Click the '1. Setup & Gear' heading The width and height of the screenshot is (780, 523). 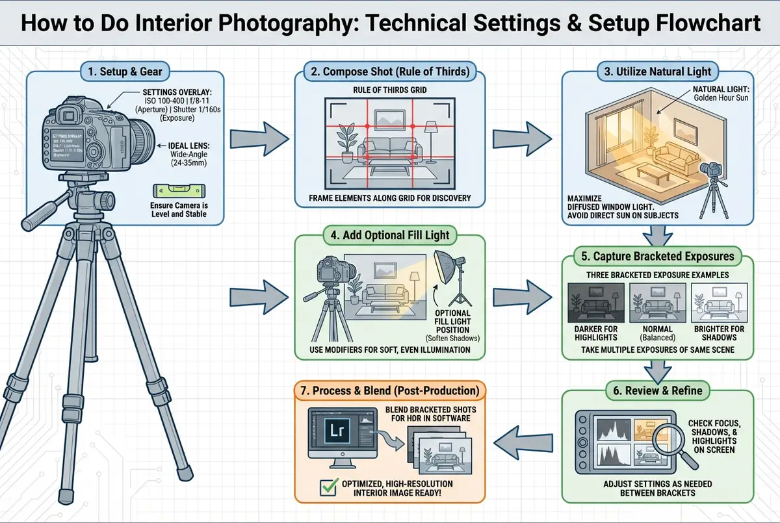(x=124, y=71)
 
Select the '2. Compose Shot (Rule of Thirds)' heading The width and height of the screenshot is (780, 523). (x=389, y=71)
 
